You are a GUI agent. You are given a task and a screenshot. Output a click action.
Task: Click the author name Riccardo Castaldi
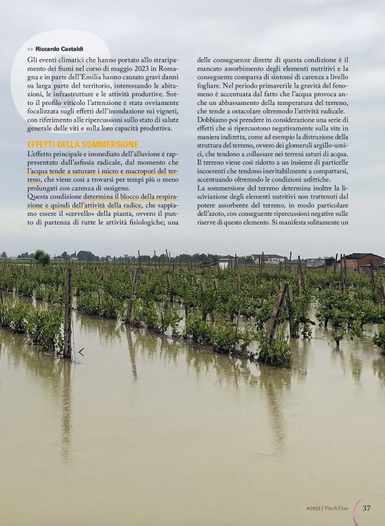pyautogui.click(x=59, y=49)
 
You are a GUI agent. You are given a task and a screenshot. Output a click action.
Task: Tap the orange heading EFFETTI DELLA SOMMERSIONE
pyautogui.click(x=83, y=144)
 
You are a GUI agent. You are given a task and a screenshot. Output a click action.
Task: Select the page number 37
pyautogui.click(x=367, y=508)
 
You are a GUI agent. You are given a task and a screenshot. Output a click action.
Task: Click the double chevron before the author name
pyautogui.click(x=31, y=49)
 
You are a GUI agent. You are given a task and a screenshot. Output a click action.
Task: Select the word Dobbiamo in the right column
pyautogui.click(x=214, y=120)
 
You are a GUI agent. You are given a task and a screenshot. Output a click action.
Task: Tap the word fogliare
pyautogui.click(x=211, y=86)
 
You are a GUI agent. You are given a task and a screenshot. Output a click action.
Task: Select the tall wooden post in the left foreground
pyautogui.click(x=67, y=312)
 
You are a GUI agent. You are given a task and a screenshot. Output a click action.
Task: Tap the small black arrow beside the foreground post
pyautogui.click(x=81, y=351)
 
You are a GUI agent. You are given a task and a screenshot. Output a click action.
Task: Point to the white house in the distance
pyautogui.click(x=267, y=258)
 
